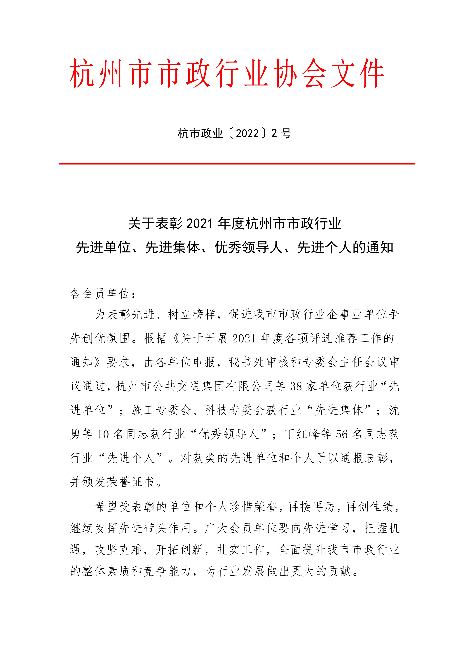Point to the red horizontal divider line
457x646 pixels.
tap(237, 163)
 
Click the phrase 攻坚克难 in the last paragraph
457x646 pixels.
tap(118, 549)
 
